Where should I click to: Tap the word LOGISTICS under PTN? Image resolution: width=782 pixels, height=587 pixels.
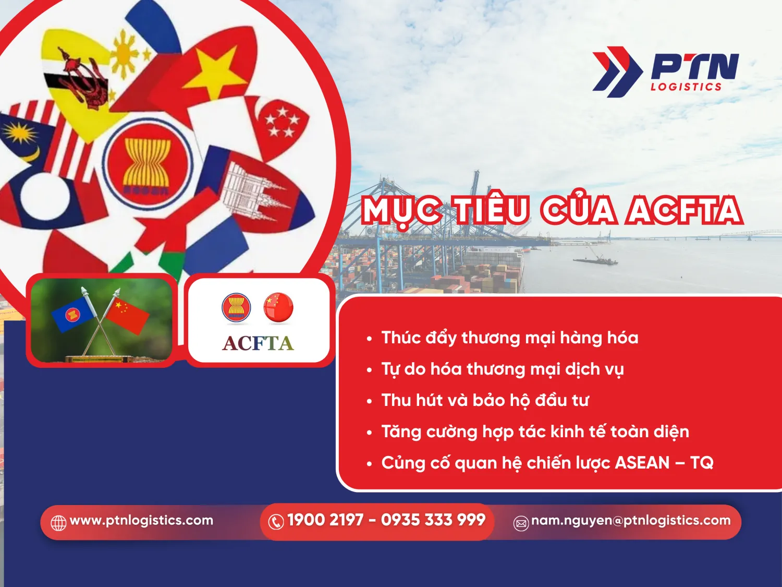pos(686,87)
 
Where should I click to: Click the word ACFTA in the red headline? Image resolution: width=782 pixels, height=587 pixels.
pos(685,211)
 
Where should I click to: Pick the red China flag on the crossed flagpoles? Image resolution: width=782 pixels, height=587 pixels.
pos(127,313)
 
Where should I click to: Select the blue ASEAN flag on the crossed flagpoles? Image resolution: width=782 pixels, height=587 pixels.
pos(73,313)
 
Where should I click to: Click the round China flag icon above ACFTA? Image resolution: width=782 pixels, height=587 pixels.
pos(278,307)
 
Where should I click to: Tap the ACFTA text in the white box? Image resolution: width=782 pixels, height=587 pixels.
pos(258,343)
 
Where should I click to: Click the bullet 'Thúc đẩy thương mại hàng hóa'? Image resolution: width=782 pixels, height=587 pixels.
pos(509,338)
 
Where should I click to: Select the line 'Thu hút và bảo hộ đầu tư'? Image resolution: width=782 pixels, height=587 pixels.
pos(485,400)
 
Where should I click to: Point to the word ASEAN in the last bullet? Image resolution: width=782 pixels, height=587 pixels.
pos(642,463)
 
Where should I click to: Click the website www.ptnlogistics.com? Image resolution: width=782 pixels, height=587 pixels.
pos(141,520)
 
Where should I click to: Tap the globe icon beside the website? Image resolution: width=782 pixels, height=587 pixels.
pos(58,522)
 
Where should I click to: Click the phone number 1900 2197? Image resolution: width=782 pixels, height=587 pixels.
pos(325,520)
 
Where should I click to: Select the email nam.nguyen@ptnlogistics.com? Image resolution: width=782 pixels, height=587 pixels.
pos(630,520)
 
